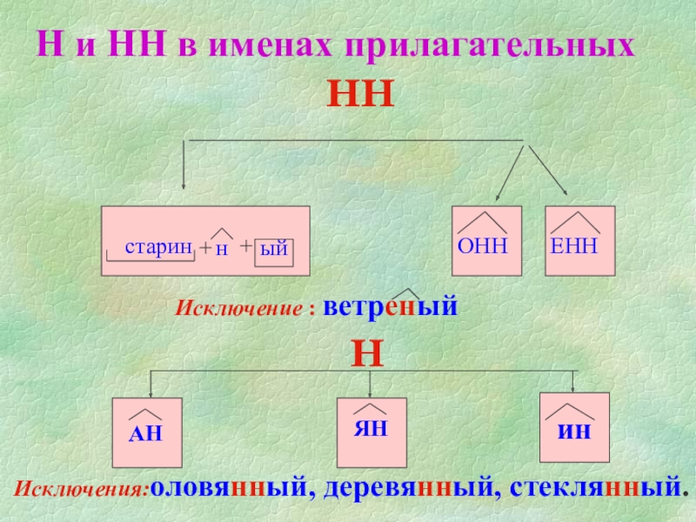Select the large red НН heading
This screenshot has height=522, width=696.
360,92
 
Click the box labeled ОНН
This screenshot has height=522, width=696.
485,241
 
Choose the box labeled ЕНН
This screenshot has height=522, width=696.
579,241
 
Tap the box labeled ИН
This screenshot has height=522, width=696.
575,426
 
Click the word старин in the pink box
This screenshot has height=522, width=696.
157,246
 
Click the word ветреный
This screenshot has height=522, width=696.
390,308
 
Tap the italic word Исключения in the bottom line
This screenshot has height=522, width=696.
82,488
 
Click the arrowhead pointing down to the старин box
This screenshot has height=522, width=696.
183,183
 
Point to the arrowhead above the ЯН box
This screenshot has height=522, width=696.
371,393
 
